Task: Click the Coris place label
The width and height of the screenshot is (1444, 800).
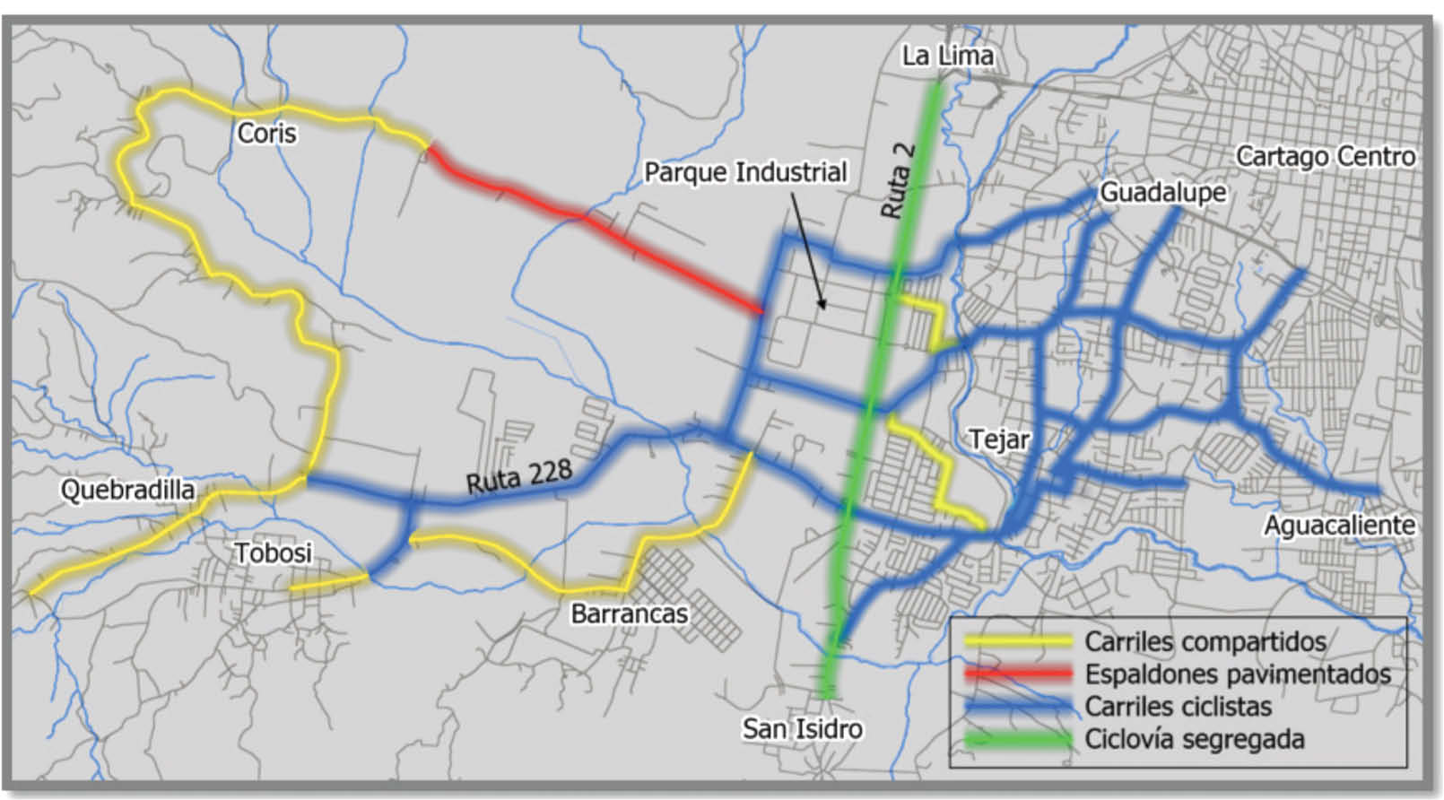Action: point(266,134)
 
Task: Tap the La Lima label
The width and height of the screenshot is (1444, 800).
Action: point(948,56)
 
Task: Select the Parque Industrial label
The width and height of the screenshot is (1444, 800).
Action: point(745,172)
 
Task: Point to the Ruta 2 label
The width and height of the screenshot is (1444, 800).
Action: point(898,180)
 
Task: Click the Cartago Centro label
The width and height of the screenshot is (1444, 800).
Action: point(1326,156)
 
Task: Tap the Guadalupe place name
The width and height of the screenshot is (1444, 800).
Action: point(1162,192)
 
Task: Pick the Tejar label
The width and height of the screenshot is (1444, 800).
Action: point(999,439)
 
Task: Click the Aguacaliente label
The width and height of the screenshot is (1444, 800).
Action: point(1339,525)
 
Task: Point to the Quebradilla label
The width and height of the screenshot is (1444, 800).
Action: point(127,490)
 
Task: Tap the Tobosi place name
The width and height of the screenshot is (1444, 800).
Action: point(274,552)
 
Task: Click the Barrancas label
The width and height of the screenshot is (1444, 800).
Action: point(630,613)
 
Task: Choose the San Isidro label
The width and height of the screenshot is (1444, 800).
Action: point(802,728)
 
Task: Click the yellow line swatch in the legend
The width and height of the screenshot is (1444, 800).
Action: point(1018,642)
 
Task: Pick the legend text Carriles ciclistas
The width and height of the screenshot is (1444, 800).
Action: point(1178,707)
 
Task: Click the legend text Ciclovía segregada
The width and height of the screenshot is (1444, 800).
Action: point(1194,740)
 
